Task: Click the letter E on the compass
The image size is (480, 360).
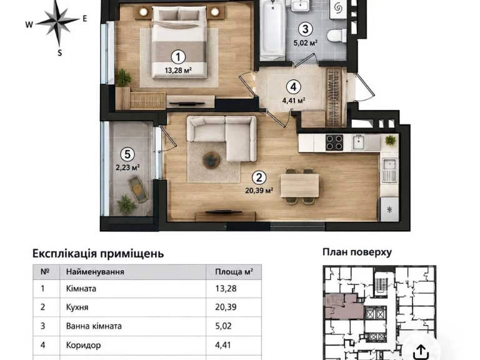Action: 85,18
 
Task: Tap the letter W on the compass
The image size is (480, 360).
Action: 29,25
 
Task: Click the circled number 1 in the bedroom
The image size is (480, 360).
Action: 178,57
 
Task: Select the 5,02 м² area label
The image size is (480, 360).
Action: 305,42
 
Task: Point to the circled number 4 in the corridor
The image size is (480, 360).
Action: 293,87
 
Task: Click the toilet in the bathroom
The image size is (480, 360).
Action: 336,35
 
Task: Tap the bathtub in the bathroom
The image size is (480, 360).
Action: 272,30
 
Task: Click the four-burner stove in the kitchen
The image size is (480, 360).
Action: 334,142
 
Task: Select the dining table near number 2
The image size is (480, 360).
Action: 300,186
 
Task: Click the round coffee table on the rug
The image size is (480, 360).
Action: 211,160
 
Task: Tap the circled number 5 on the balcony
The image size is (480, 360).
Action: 127,154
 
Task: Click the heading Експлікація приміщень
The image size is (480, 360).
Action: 98,254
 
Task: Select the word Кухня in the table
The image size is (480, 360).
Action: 77,307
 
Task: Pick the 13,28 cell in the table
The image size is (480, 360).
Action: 226,288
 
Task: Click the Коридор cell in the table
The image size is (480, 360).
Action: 83,345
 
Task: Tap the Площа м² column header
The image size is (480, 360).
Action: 234,271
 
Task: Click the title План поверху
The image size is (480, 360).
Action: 357,252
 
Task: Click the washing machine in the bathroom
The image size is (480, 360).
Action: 338,9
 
